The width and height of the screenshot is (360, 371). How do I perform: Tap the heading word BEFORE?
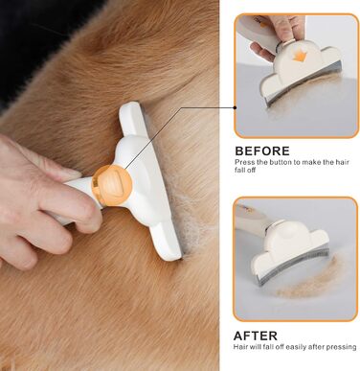(262, 151)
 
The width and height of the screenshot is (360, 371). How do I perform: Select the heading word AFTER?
(256, 336)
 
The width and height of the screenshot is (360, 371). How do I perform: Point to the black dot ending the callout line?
(235, 107)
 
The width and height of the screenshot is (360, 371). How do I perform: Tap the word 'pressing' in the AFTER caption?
(342, 347)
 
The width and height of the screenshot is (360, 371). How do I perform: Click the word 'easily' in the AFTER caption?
(295, 347)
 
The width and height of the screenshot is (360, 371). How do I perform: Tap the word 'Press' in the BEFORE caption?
(244, 162)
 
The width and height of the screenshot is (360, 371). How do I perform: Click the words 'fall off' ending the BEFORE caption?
(245, 170)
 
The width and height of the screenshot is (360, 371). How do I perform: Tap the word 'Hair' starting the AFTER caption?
(239, 347)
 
